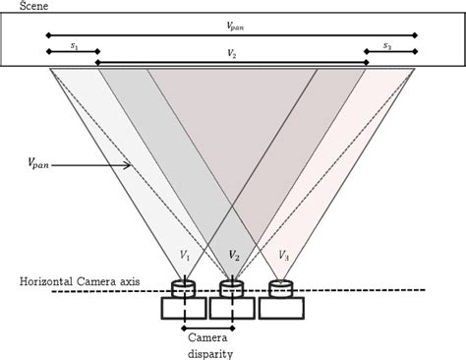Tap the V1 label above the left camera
(x=184, y=255)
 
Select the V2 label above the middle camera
(x=233, y=255)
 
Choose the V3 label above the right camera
(x=282, y=255)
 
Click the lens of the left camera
(x=183, y=288)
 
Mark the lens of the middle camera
(x=232, y=288)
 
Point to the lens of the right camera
(x=281, y=288)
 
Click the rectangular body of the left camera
(x=183, y=308)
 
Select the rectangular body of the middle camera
(x=232, y=308)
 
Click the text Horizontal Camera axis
(x=80, y=281)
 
